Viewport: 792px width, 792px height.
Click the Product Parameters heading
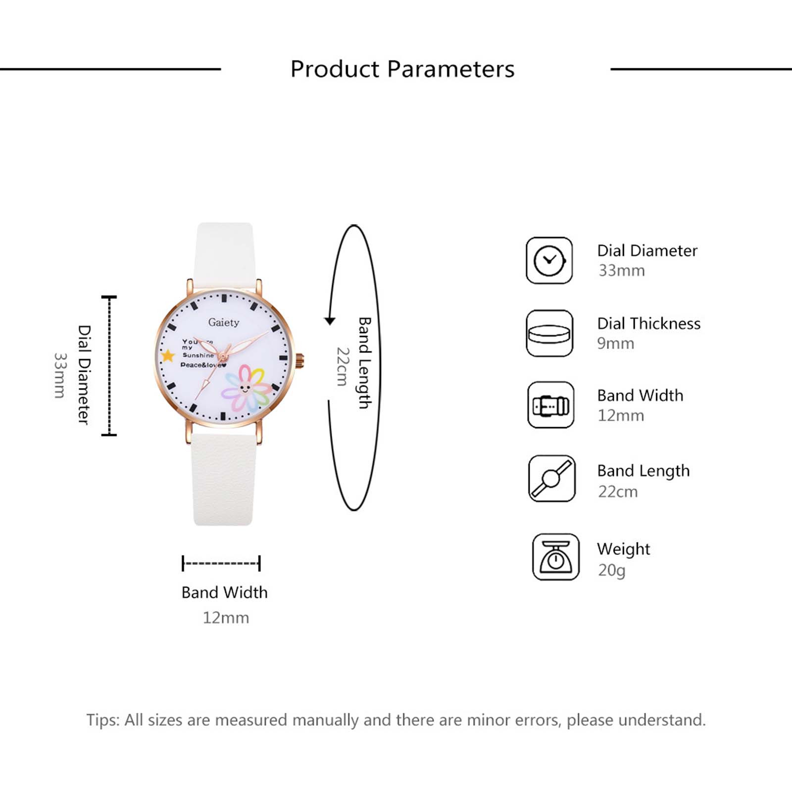(x=402, y=69)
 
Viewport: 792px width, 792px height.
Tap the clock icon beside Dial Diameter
(x=549, y=260)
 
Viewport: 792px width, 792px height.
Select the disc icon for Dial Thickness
(x=549, y=333)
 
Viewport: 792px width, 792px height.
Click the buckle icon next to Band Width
(x=551, y=405)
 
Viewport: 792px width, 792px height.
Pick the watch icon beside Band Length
(x=552, y=479)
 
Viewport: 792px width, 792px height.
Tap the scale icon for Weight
(x=556, y=557)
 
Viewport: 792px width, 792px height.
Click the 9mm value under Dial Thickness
(x=615, y=344)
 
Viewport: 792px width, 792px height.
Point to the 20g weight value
(x=612, y=570)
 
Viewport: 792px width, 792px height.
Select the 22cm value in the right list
(x=618, y=492)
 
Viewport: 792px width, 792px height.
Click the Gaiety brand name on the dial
(x=224, y=322)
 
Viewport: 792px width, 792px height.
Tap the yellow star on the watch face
(x=168, y=355)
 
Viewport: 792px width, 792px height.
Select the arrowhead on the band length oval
(x=330, y=321)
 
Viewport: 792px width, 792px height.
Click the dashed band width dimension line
(x=221, y=563)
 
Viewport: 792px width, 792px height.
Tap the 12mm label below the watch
(x=226, y=618)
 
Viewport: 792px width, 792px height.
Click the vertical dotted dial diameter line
(x=109, y=366)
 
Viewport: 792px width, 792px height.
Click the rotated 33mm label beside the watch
(x=60, y=375)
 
